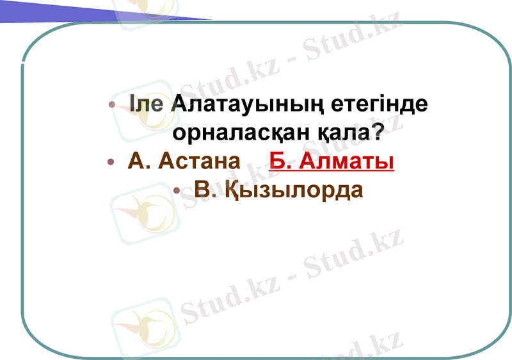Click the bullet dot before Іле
pyautogui.click(x=112, y=105)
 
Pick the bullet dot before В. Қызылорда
pyautogui.click(x=177, y=190)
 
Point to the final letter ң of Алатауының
pyautogui.click(x=316, y=106)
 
